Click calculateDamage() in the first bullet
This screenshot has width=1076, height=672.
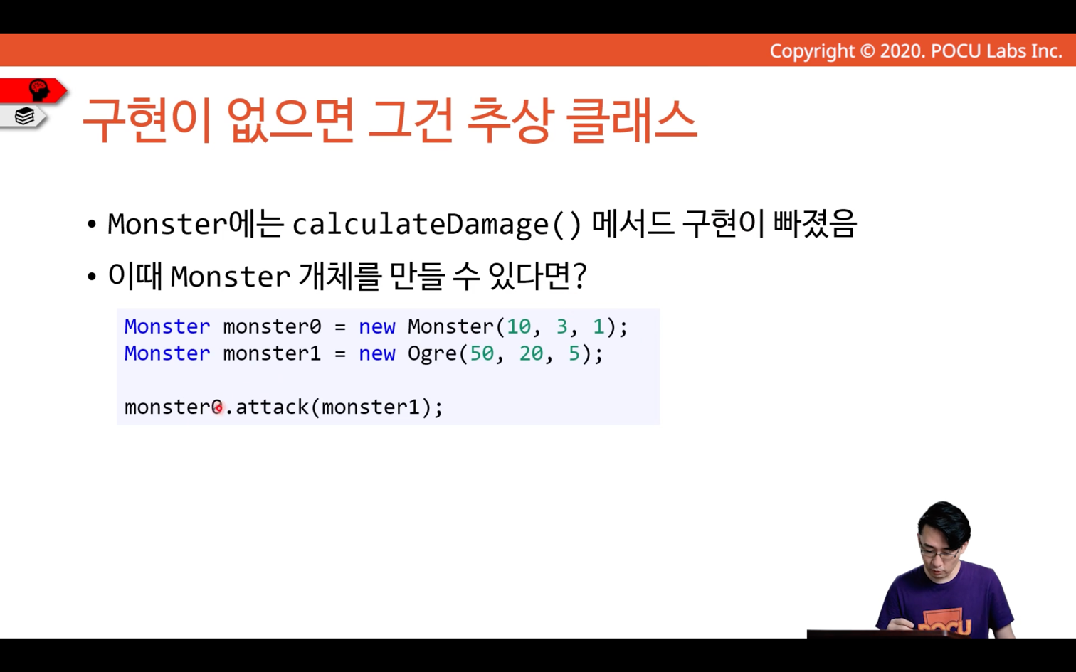(437, 224)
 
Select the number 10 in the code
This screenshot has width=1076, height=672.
(518, 326)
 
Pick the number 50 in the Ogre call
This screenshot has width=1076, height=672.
(482, 353)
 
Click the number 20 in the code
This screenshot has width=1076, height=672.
(531, 353)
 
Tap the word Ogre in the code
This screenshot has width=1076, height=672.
(432, 354)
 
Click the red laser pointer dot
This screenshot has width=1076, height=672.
(218, 408)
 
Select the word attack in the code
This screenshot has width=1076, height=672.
(272, 407)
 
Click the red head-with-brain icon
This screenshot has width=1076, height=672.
(39, 90)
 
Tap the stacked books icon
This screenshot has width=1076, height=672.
(24, 117)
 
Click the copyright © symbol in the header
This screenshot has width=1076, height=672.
(867, 51)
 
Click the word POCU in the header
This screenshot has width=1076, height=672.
(956, 51)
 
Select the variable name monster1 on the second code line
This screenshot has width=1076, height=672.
(272, 353)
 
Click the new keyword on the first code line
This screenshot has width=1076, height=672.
(377, 326)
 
